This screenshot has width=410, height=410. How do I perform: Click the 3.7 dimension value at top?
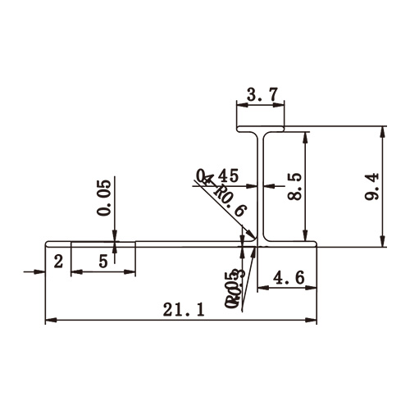point(260,95)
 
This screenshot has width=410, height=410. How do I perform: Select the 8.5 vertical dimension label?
point(295,187)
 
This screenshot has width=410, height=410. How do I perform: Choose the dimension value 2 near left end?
point(58,262)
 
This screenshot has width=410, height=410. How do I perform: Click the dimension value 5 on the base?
point(102,262)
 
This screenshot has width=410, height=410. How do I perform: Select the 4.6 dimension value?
point(288,278)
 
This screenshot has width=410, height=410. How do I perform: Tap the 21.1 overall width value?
point(179,309)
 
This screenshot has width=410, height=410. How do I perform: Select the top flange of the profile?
point(261,130)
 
